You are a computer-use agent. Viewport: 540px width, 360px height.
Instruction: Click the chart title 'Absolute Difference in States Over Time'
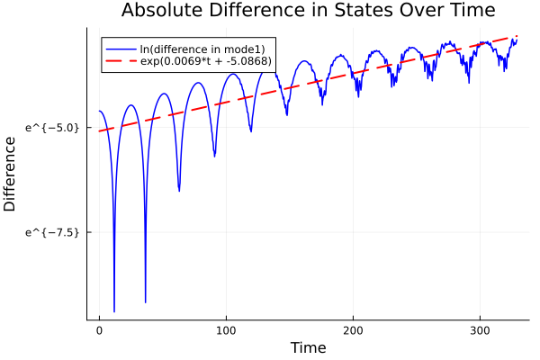pyautogui.click(x=308, y=12)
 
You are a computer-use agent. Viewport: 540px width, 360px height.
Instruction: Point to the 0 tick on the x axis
pyautogui.click(x=99, y=329)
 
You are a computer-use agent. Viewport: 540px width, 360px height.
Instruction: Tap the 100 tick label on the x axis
pyautogui.click(x=226, y=329)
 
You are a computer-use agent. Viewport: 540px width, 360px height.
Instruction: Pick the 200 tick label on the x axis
pyautogui.click(x=353, y=329)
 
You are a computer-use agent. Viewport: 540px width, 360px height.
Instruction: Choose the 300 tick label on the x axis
pyautogui.click(x=480, y=329)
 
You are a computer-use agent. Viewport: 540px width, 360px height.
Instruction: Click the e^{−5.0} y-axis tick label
pyautogui.click(x=54, y=128)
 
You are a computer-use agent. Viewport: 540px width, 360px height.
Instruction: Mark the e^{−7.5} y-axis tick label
pyautogui.click(x=54, y=232)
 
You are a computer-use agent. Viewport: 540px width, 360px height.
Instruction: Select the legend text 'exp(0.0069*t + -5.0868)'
pyautogui.click(x=206, y=61)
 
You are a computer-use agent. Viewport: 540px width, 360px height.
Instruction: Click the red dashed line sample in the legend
pyautogui.click(x=121, y=61)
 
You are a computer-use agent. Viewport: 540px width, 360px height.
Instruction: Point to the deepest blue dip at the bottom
pyautogui.click(x=114, y=310)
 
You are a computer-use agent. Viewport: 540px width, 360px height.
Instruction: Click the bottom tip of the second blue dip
pyautogui.click(x=146, y=302)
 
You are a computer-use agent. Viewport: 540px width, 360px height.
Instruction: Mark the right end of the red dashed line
pyautogui.click(x=517, y=36)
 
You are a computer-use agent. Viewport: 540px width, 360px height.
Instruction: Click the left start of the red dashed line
pyautogui.click(x=99, y=131)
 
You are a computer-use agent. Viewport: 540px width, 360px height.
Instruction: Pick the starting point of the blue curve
pyautogui.click(x=99, y=111)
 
